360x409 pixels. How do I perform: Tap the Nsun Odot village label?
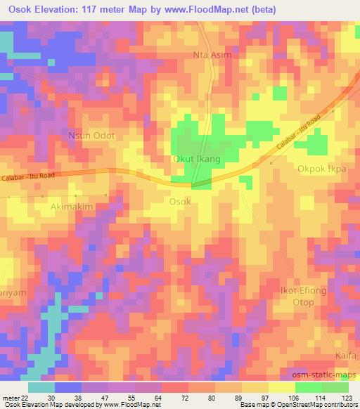[91, 136]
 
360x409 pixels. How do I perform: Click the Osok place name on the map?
[180, 201]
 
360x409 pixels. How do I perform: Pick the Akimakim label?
[72, 207]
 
